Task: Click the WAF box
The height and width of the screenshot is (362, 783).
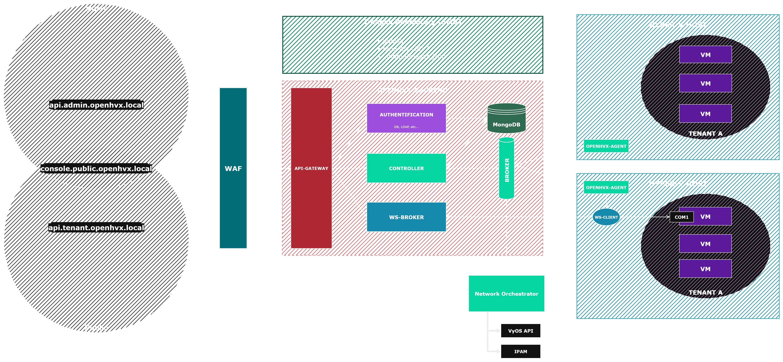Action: pyautogui.click(x=233, y=168)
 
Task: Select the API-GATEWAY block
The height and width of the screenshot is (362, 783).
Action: pyautogui.click(x=311, y=168)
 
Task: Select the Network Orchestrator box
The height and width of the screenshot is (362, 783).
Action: pyautogui.click(x=506, y=294)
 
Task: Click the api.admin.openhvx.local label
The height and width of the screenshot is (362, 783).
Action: pyautogui.click(x=96, y=105)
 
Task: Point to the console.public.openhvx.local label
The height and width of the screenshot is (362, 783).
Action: pyautogui.click(x=96, y=169)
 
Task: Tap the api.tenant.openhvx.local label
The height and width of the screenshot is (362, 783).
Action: pyautogui.click(x=96, y=227)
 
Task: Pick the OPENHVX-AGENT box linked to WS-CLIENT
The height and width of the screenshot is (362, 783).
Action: pyautogui.click(x=606, y=187)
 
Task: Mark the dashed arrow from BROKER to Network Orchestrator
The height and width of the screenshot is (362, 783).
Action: pyautogui.click(x=506, y=237)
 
